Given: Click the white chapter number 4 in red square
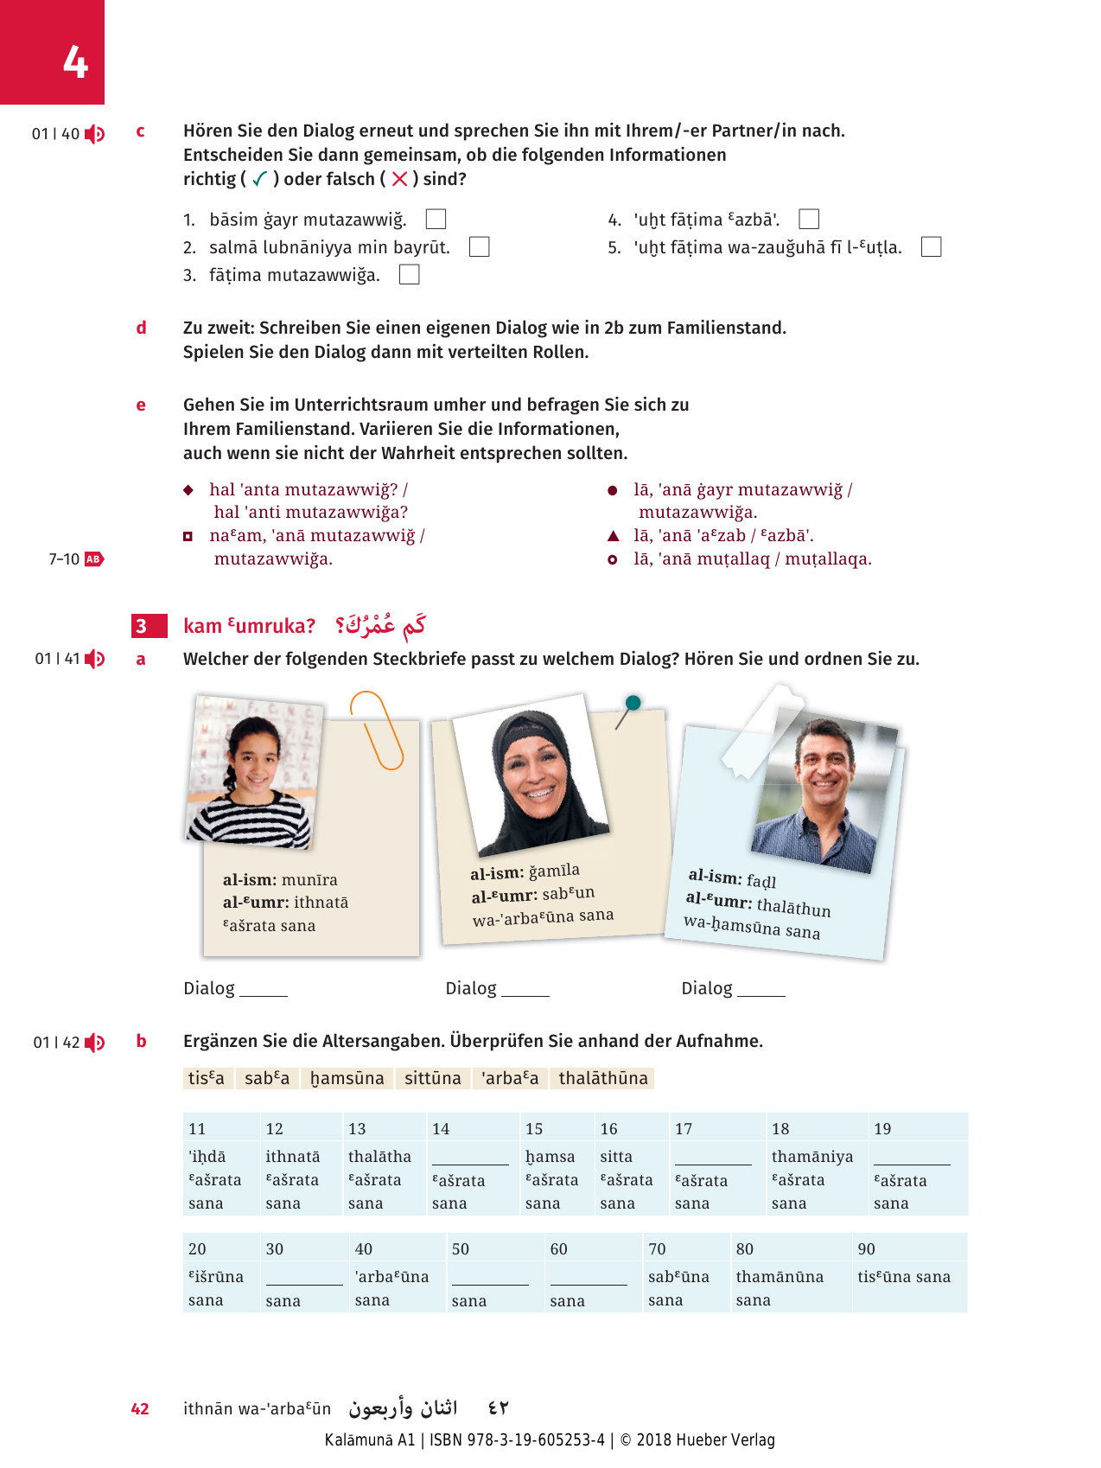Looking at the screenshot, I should pos(75,62).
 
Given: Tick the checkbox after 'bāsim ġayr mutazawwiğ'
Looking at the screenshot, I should pos(436,220).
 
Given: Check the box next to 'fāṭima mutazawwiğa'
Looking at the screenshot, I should pos(410,275).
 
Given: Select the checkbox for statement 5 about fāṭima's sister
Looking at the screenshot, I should pos(931,247).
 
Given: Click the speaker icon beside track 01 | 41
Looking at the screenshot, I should pos(95,660).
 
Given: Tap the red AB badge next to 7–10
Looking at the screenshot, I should pos(93,559).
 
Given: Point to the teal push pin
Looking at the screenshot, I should pos(633,703).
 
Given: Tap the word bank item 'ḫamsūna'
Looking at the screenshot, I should pos(347,1078).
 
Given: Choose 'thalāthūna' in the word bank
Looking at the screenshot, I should pos(603,1078).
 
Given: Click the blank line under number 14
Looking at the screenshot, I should pos(470,1163).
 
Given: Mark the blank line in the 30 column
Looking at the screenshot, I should pos(304,1283).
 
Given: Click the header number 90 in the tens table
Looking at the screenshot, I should pos(867,1249).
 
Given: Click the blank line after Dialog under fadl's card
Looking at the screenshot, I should pos(761,994).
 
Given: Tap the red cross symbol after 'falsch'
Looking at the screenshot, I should pos(399,179).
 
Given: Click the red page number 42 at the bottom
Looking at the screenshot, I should pos(140,1409).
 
